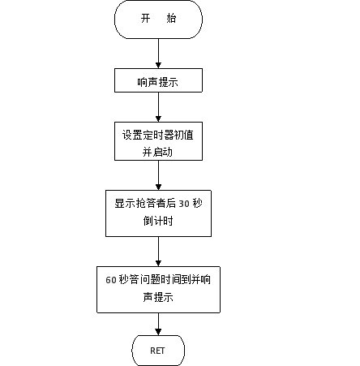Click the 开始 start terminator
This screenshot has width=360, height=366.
tap(158, 19)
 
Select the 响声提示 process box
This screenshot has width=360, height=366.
tap(158, 80)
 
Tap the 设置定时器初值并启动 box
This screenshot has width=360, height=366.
tap(158, 141)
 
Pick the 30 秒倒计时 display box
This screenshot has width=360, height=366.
tap(158, 213)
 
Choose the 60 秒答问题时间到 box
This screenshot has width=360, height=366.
tap(158, 290)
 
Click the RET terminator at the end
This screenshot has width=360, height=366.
tap(158, 351)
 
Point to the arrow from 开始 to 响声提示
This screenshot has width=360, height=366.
tap(158, 54)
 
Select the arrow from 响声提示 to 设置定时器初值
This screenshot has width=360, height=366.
tap(158, 107)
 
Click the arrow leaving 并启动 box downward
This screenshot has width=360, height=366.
tap(158, 175)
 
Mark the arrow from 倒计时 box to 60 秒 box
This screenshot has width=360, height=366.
tap(158, 252)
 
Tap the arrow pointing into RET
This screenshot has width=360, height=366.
tap(158, 324)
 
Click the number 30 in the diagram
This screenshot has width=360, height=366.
tap(184, 204)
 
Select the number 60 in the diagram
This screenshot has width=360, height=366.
tap(111, 280)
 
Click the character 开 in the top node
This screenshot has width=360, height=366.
tap(145, 19)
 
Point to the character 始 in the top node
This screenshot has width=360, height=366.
tap(171, 19)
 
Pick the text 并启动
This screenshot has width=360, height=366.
tap(157, 152)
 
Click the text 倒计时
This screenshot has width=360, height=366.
tap(158, 221)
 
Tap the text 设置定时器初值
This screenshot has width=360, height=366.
tap(158, 135)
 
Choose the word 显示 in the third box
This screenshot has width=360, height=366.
tap(125, 204)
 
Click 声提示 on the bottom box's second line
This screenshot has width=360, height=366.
tap(158, 297)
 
